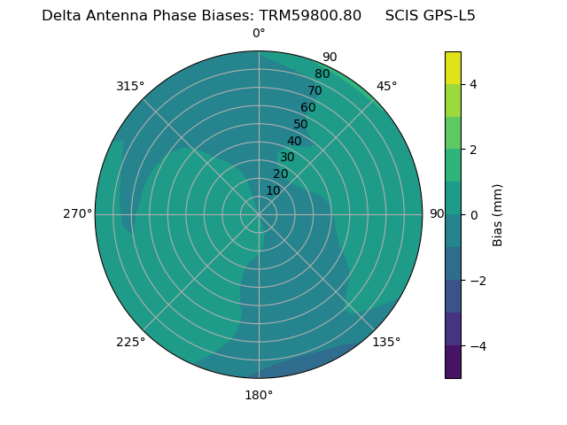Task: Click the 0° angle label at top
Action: click(x=259, y=34)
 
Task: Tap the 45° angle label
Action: click(x=386, y=86)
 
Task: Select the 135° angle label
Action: click(x=386, y=342)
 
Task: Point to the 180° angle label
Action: click(x=259, y=395)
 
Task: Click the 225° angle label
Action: click(x=130, y=342)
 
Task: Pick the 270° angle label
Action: click(x=77, y=214)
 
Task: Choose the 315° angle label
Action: click(x=130, y=86)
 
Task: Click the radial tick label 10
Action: click(x=273, y=190)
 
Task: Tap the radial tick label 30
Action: click(x=287, y=158)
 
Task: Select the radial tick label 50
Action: click(x=300, y=124)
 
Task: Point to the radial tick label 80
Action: click(x=322, y=74)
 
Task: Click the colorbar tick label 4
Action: click(x=473, y=84)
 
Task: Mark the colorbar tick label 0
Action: click(x=473, y=214)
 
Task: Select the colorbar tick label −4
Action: click(x=477, y=345)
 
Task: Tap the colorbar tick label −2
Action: click(x=477, y=280)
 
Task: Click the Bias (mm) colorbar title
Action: click(x=498, y=214)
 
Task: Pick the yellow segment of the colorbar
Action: click(x=453, y=67)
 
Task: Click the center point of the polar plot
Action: click(x=259, y=214)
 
